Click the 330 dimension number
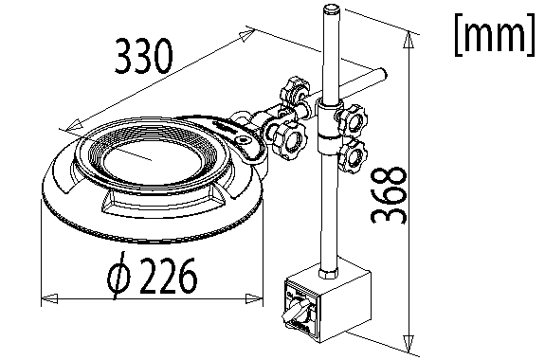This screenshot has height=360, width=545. coord(143,56)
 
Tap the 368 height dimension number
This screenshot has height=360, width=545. coord(389,196)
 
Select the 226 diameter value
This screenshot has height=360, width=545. coord(168,276)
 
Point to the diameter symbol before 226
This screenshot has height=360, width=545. coord(118,275)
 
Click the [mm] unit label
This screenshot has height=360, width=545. coord(494,34)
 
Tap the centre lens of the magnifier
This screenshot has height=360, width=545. coord(153,161)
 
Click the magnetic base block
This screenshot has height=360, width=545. coord(327,306)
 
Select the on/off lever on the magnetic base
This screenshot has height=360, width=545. coord(294,311)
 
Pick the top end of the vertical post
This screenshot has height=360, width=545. coord(331,9)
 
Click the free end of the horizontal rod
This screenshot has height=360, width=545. coord(383,74)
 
